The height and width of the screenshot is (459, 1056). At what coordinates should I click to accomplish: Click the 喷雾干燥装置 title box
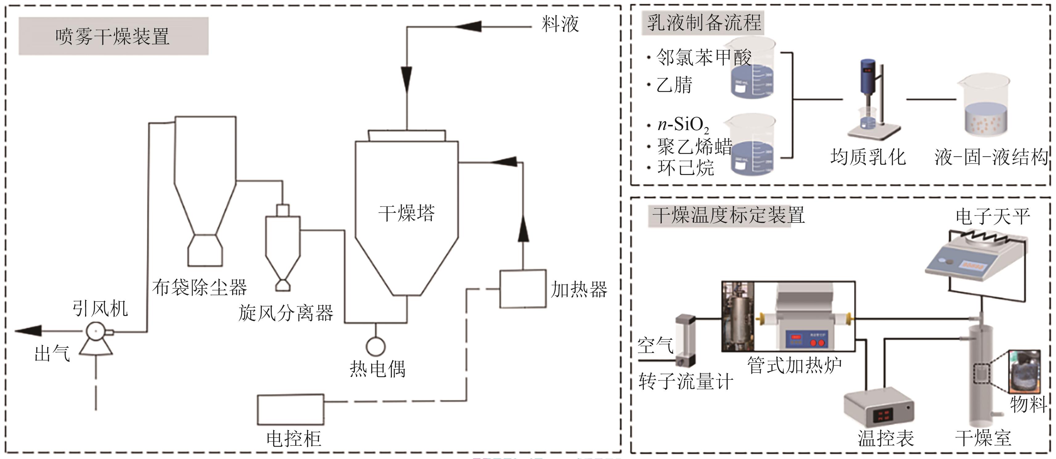tap(113, 36)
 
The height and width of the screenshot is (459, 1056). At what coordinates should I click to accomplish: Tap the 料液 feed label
tap(560, 24)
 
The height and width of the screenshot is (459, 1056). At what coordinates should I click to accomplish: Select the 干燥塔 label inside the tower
tap(406, 213)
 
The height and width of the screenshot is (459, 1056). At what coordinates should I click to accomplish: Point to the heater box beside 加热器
tap(523, 289)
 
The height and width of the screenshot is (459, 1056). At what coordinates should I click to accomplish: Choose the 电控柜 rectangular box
tap(291, 409)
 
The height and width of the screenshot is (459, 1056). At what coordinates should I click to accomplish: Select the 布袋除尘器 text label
tap(200, 287)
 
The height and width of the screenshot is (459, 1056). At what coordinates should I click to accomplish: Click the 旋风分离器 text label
tap(286, 314)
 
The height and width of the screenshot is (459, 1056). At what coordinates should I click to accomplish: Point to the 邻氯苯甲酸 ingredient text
tap(704, 57)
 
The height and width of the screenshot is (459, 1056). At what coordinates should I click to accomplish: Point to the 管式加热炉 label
tap(794, 366)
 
